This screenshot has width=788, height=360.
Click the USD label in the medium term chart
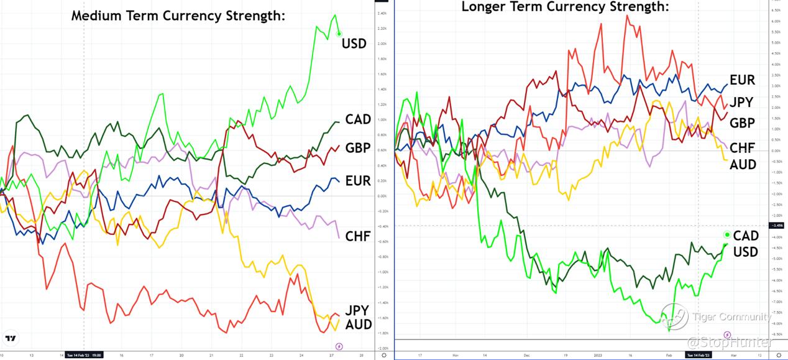(x=354, y=44)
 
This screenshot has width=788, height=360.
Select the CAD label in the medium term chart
(x=358, y=119)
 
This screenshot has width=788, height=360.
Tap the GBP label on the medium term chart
(x=358, y=148)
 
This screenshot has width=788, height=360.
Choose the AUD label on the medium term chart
(x=359, y=324)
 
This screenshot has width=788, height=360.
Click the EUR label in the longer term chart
(x=742, y=80)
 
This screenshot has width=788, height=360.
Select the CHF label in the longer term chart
(x=742, y=147)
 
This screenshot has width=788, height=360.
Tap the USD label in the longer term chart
(x=745, y=252)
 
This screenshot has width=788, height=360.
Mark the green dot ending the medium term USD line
(x=339, y=34)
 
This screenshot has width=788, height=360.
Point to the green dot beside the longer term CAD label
(x=726, y=234)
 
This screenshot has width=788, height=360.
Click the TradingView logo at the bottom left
(x=10, y=338)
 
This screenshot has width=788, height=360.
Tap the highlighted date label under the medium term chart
(x=83, y=355)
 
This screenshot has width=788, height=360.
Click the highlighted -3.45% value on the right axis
(x=776, y=225)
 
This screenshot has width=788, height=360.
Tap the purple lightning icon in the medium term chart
(x=339, y=346)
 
